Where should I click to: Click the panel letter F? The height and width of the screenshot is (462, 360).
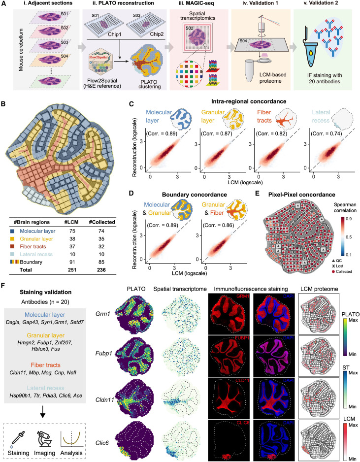(x=5, y=284)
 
